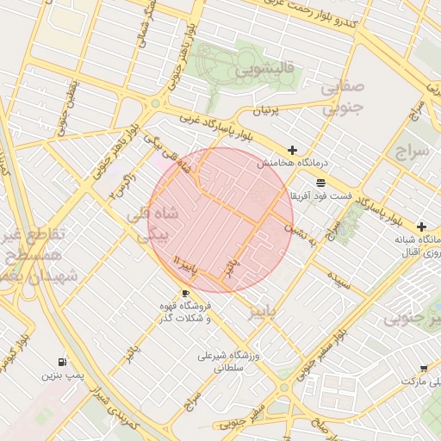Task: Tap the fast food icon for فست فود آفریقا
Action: click(320, 183)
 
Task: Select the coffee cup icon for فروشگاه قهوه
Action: click(184, 293)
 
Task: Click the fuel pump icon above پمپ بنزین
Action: click(61, 363)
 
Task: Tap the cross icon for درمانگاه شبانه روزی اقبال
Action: click(421, 226)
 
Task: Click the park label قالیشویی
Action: click(268, 68)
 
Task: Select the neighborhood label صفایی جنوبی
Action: click(343, 98)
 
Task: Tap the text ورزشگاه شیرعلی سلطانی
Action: click(222, 361)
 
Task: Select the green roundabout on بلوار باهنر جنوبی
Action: click(155, 103)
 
